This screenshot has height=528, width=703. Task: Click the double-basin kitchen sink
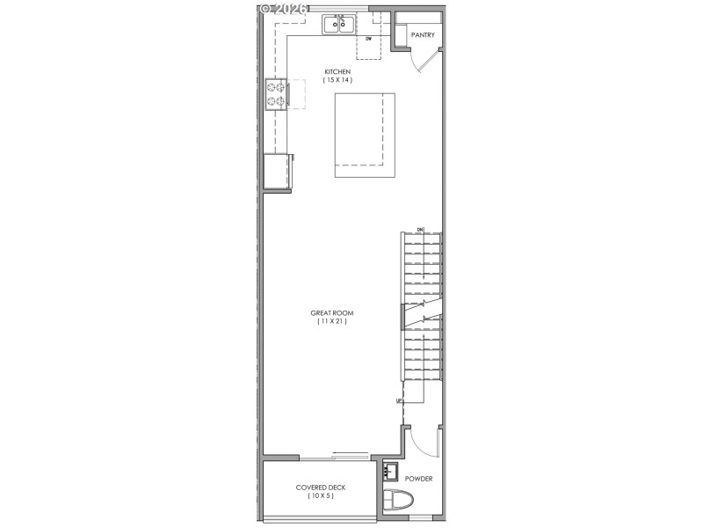(338, 24)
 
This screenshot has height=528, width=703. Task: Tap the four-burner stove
(276, 93)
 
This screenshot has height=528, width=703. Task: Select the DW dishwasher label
(369, 40)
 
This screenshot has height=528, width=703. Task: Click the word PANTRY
(424, 35)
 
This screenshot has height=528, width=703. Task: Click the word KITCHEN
(337, 71)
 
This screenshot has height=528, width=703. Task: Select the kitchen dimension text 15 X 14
(337, 80)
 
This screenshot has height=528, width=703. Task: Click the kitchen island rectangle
(364, 135)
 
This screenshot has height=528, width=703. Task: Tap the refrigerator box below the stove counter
(278, 171)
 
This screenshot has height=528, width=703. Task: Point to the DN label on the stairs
(420, 230)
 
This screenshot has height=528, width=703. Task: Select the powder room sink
(391, 470)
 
